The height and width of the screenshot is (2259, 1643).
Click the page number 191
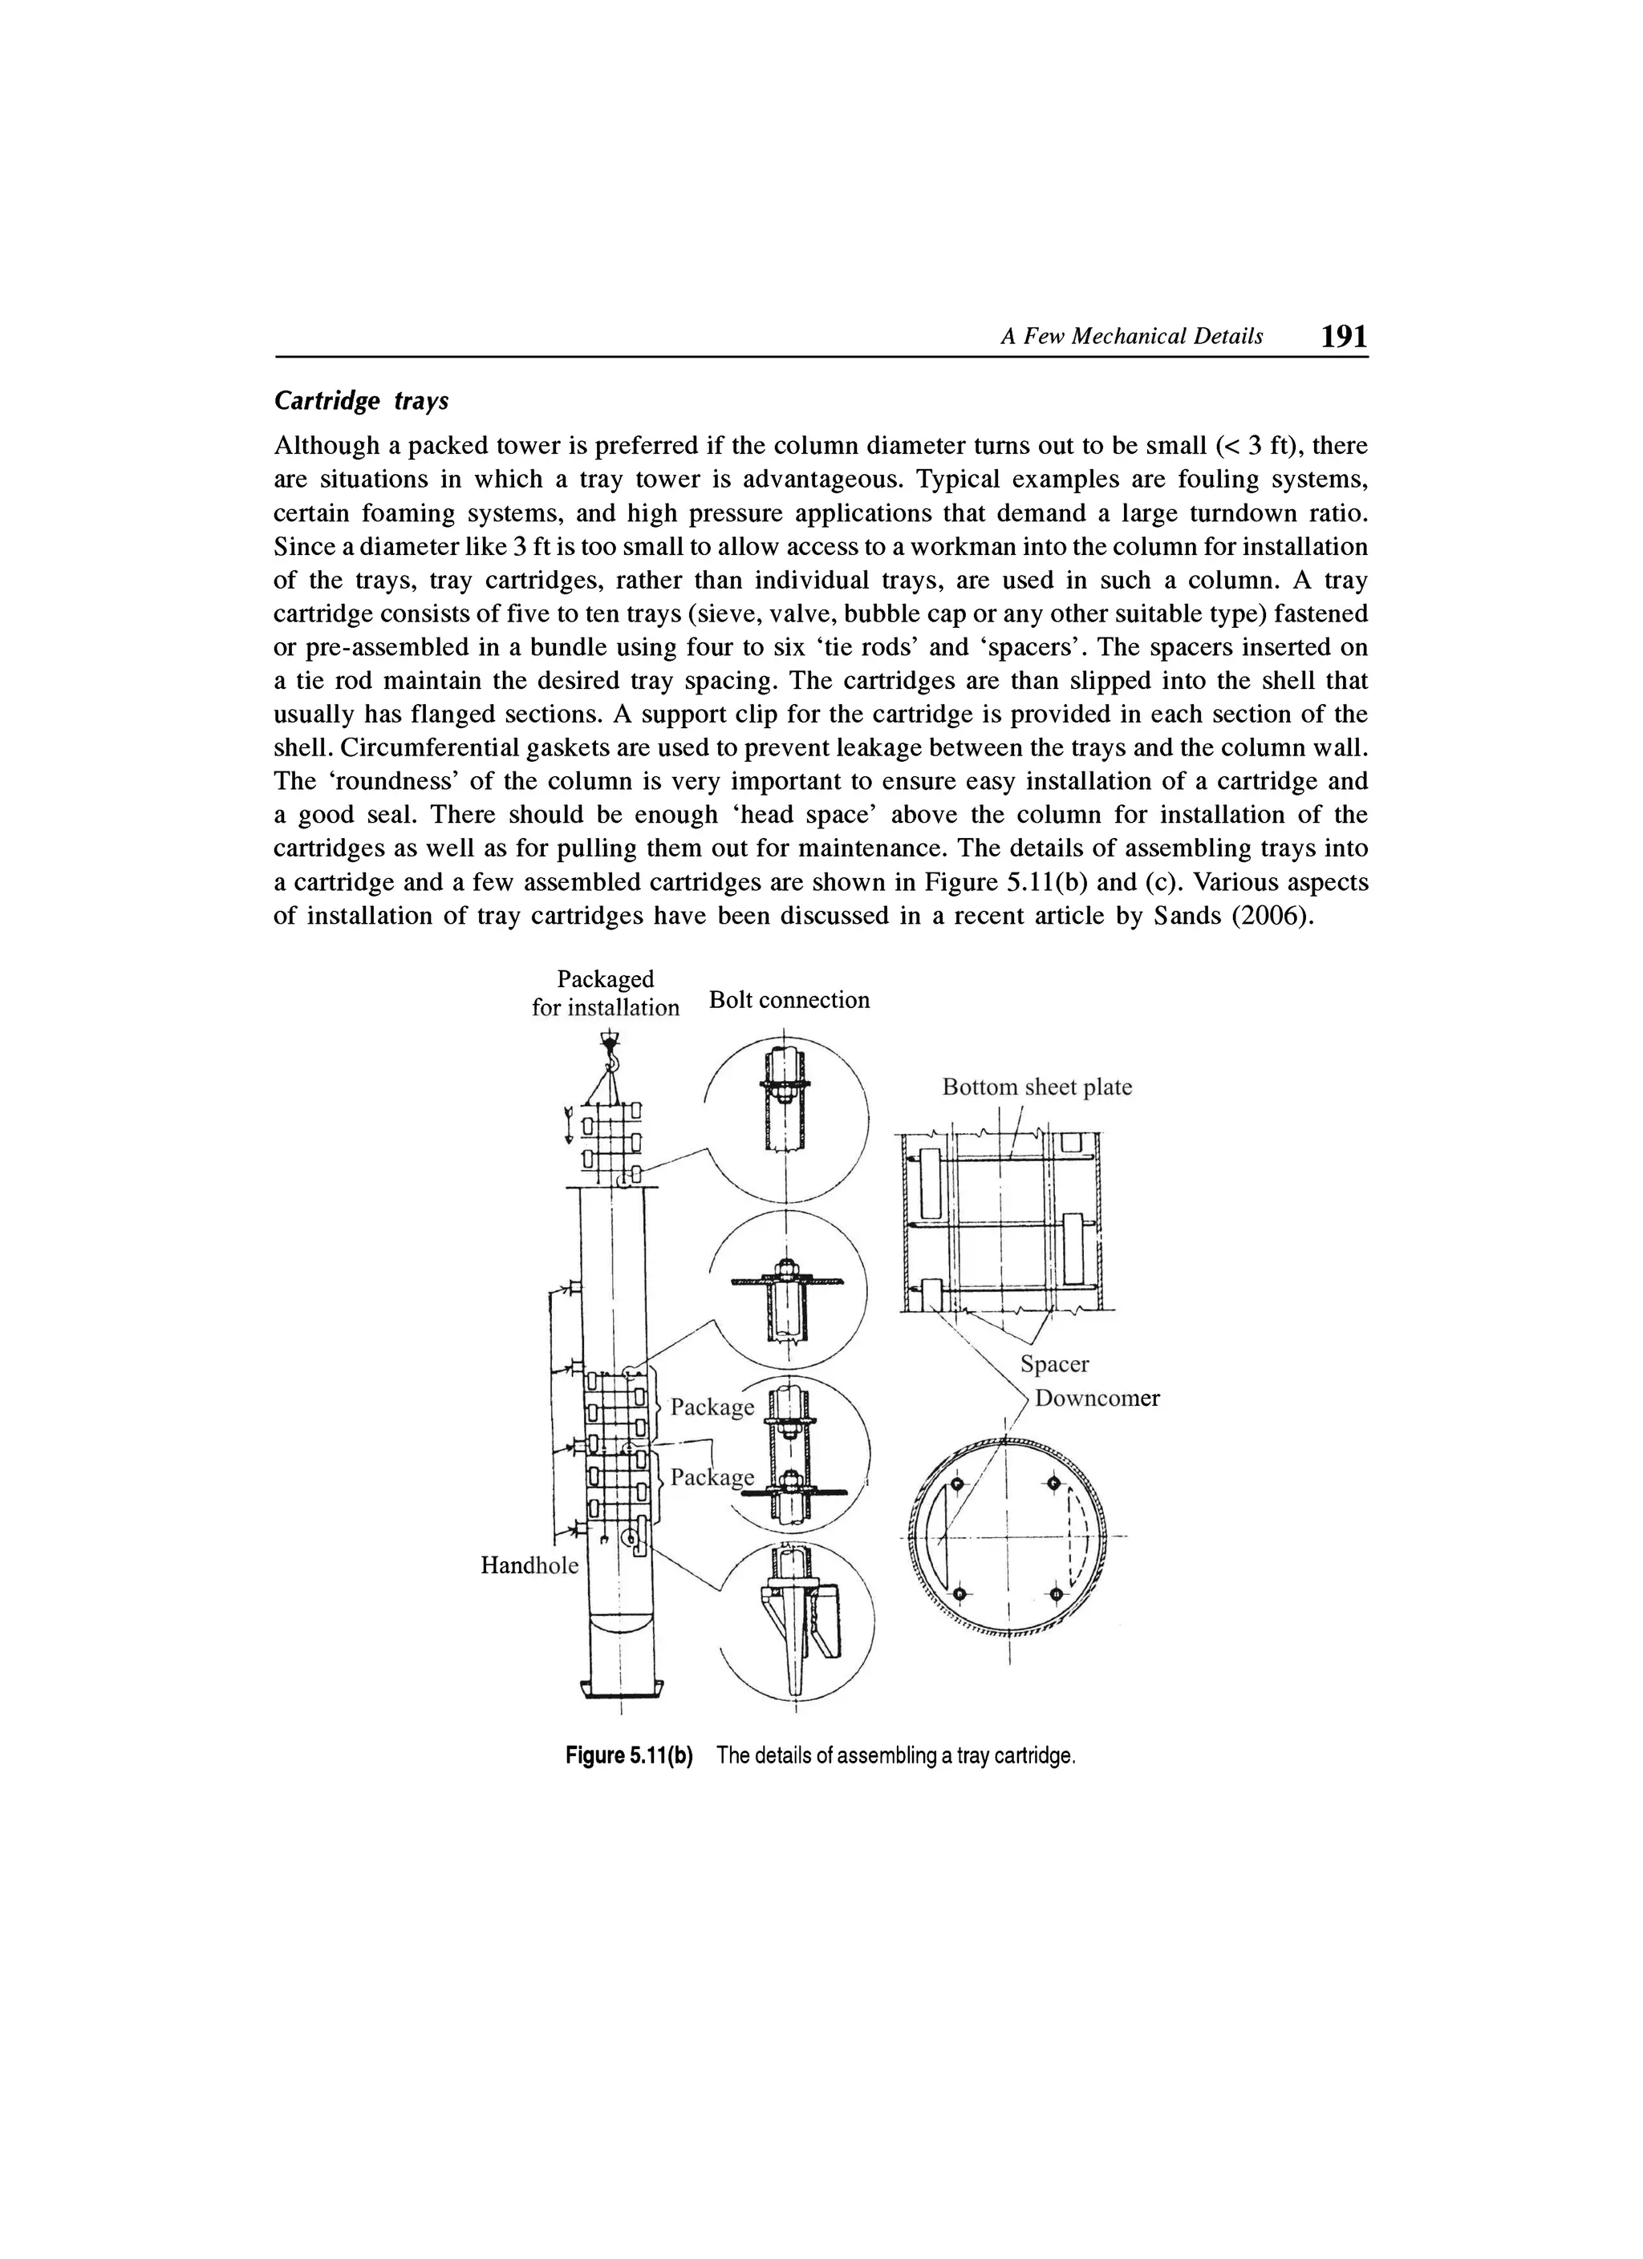1342,336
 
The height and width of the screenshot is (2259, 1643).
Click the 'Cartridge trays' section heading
361,400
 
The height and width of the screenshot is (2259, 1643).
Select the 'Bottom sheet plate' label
1037,1087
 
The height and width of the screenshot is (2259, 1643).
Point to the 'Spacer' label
1054,1363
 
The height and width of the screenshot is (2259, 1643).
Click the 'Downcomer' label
1097,1399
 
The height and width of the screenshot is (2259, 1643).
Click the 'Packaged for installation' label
605,993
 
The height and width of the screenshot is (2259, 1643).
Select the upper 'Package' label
712,1407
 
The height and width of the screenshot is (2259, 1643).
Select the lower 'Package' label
712,1476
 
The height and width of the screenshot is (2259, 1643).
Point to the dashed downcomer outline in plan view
1073,1539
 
